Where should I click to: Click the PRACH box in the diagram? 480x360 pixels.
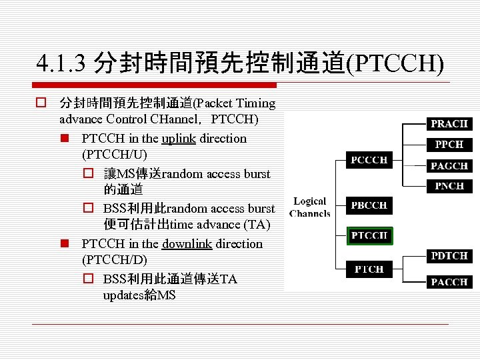click(x=449, y=124)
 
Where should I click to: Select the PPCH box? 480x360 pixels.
click(x=449, y=145)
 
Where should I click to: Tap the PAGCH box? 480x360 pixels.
click(x=449, y=166)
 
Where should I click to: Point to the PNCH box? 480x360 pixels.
click(x=449, y=186)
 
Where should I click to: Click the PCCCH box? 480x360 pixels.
click(x=369, y=160)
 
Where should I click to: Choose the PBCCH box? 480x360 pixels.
click(x=369, y=205)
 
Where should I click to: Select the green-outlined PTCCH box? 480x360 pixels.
click(x=369, y=235)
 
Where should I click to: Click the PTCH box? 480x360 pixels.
click(x=369, y=269)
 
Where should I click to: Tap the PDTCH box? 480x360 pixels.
click(x=449, y=256)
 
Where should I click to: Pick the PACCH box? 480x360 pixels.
click(x=449, y=282)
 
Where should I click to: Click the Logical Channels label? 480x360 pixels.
click(x=310, y=207)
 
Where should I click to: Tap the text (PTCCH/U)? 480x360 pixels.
click(x=113, y=156)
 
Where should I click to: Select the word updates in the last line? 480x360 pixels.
click(x=123, y=295)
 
